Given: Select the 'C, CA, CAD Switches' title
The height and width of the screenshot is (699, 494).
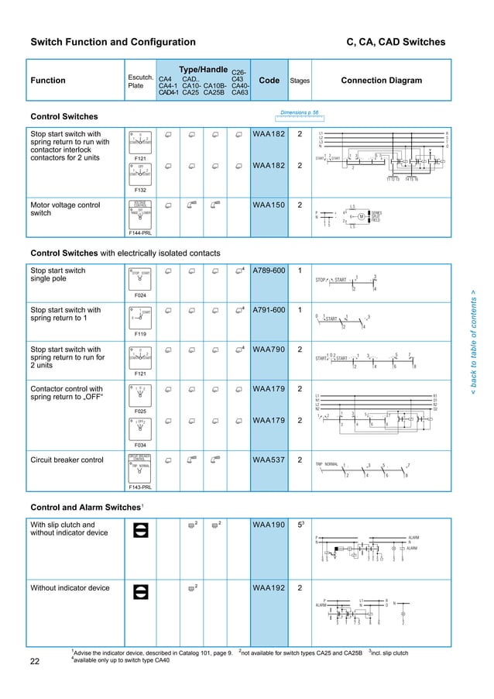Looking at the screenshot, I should (397, 42).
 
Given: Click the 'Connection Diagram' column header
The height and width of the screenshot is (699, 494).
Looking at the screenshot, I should (381, 81).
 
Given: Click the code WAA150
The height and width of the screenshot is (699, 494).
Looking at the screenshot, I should (269, 205).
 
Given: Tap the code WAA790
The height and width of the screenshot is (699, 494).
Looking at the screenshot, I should (269, 349).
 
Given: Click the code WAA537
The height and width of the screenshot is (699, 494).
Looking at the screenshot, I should (269, 460).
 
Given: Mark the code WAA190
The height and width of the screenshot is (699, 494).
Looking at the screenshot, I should (269, 525).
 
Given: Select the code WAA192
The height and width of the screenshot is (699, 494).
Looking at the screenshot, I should (269, 588).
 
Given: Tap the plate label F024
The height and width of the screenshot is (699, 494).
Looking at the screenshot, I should (140, 295).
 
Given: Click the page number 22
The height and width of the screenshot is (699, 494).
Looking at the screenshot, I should (35, 661).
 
